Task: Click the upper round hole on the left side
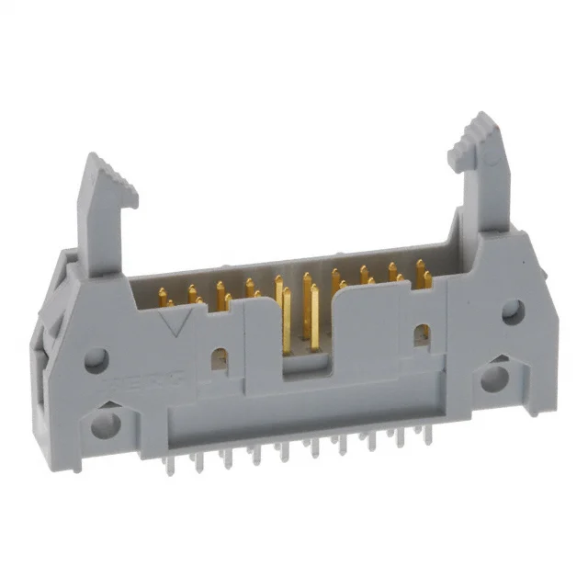tap(96, 359)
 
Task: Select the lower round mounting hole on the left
tap(106, 424)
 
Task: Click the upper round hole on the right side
tap(512, 313)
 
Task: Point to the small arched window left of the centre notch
tap(220, 358)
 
